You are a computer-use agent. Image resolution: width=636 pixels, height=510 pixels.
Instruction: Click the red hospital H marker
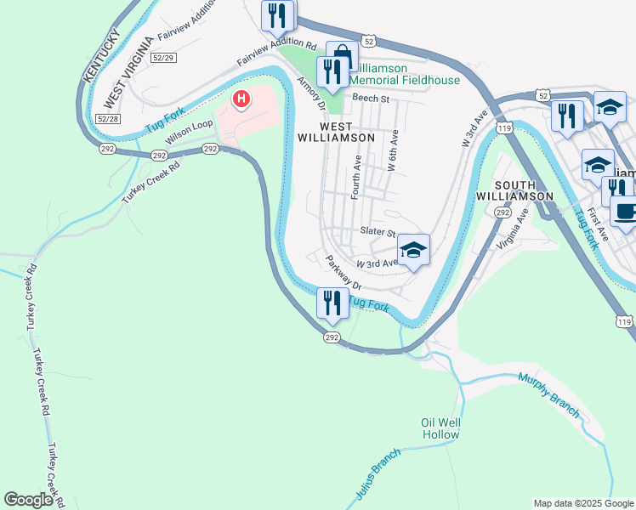click(x=242, y=99)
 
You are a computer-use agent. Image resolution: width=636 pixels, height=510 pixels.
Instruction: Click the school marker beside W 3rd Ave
click(x=414, y=250)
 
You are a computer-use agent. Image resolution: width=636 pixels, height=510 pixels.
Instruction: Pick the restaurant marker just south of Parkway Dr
click(x=332, y=303)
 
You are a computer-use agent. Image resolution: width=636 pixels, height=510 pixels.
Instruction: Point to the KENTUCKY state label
click(x=99, y=54)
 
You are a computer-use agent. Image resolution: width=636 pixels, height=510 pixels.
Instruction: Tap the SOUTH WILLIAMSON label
click(x=516, y=190)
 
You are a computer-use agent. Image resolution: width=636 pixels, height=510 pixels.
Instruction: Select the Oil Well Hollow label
click(x=440, y=428)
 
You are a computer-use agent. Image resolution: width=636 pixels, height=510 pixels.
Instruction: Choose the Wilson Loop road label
click(x=189, y=131)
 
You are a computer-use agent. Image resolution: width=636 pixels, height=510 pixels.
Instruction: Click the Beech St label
click(x=370, y=99)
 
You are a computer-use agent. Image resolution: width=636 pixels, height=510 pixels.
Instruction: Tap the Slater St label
click(x=378, y=232)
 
